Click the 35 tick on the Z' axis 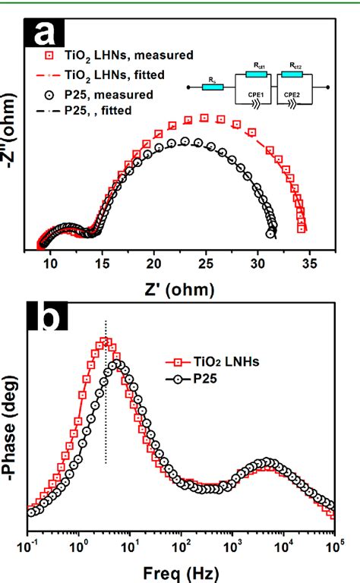(308, 263)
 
